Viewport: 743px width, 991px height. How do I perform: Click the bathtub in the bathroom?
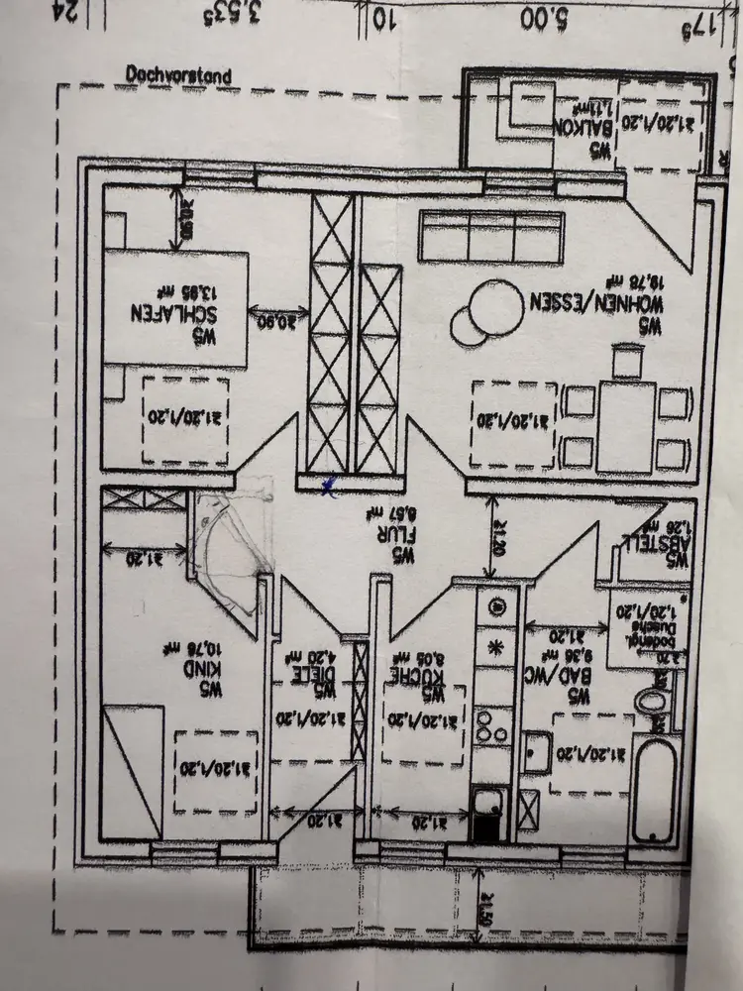pos(654,783)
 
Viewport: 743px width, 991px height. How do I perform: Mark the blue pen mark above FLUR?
pos(330,485)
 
